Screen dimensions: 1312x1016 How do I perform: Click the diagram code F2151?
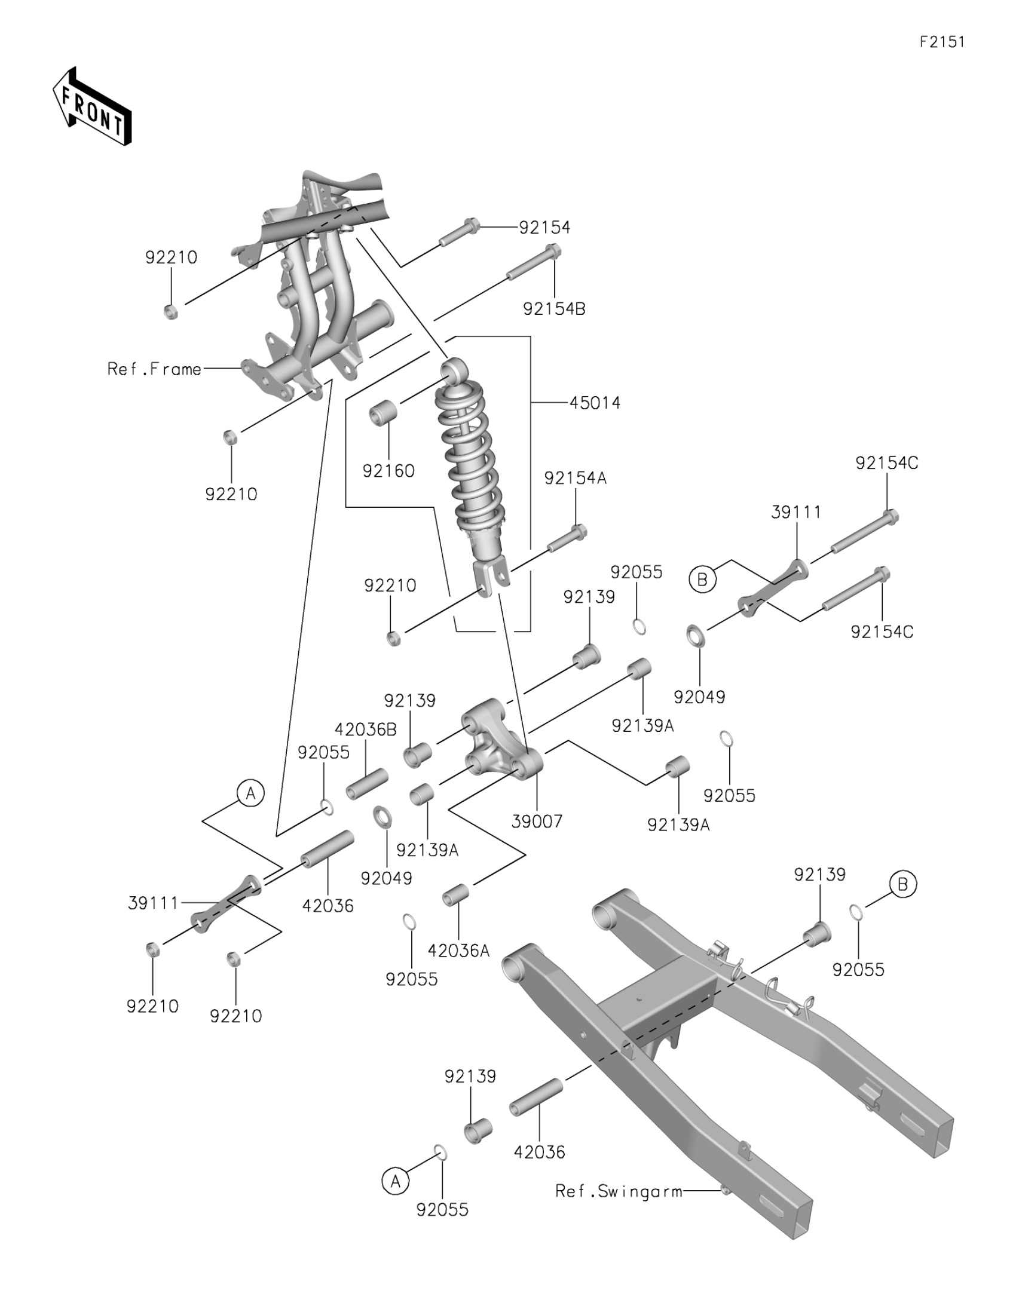(942, 41)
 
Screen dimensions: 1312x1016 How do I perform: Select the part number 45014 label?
(594, 403)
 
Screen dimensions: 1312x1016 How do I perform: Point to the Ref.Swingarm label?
(619, 1191)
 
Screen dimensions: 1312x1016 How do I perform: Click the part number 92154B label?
(554, 309)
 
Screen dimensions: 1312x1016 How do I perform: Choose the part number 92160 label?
(388, 471)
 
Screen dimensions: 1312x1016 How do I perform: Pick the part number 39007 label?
(537, 821)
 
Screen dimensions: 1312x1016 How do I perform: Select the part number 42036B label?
(366, 729)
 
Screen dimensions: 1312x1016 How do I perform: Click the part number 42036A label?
(459, 951)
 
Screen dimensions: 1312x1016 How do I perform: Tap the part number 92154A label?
(576, 478)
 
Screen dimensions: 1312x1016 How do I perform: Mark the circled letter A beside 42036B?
(251, 793)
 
